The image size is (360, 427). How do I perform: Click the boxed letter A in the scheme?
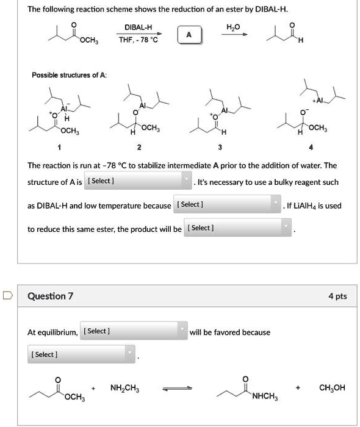pos(189,35)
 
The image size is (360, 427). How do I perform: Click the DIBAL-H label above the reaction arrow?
pos(138,27)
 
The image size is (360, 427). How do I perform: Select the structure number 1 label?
pos(60,148)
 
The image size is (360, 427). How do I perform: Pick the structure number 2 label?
pos(139,148)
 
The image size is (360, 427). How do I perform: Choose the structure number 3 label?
pos(220,148)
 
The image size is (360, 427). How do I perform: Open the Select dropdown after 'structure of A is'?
pos(139,182)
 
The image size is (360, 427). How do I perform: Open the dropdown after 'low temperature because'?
pos(227,204)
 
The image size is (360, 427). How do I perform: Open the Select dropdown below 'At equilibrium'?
pos(82,354)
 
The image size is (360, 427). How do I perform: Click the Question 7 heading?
pos(51,296)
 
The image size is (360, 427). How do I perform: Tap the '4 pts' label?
pos(337,296)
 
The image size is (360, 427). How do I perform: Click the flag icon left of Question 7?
pos(7,296)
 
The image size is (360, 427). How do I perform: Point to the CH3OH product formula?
pos(333,388)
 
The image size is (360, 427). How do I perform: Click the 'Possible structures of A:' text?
pos(68,74)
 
